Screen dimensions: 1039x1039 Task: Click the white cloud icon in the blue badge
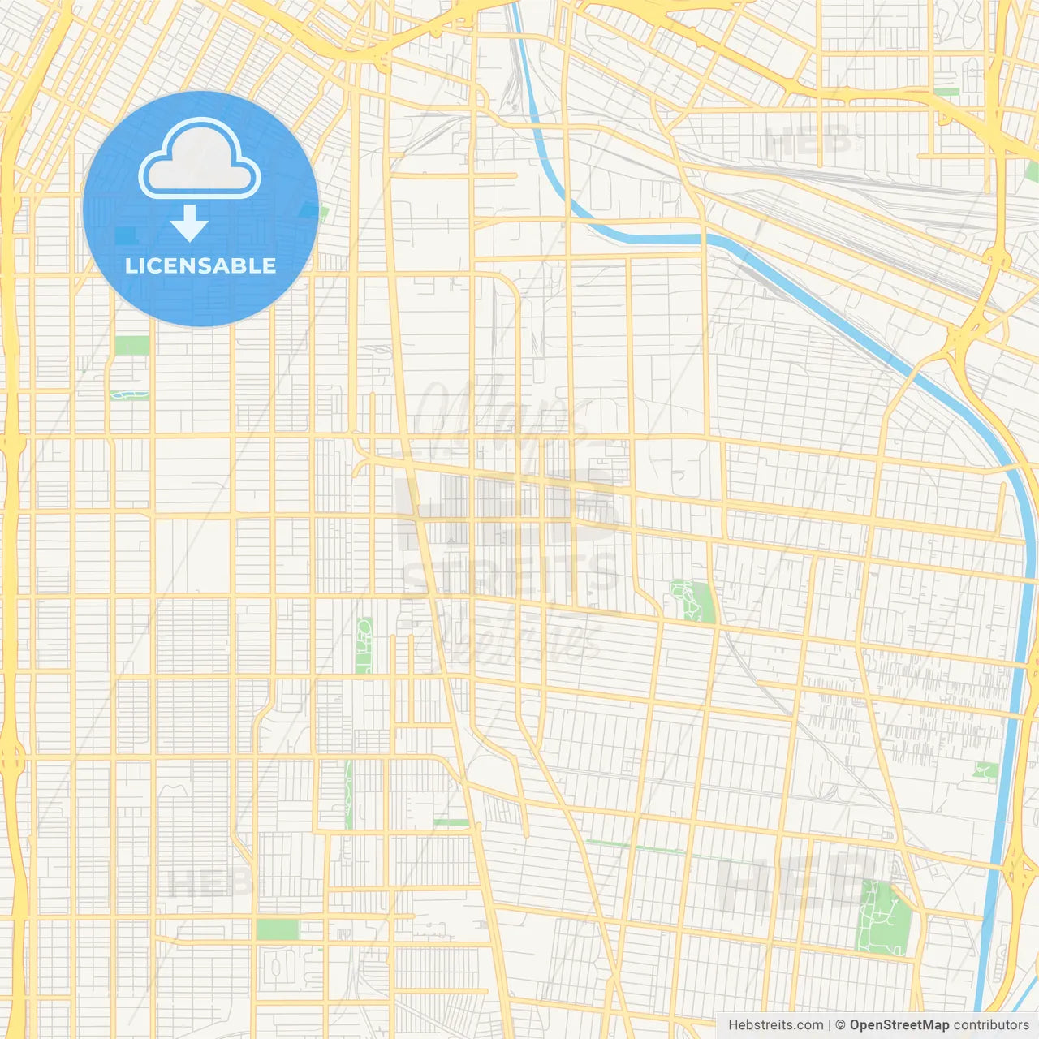click(200, 159)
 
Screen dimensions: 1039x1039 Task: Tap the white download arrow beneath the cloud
click(189, 223)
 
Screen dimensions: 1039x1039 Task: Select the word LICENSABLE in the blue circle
click(200, 265)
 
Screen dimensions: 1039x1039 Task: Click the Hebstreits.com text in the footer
click(775, 1025)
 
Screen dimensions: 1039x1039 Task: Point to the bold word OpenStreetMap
click(899, 1025)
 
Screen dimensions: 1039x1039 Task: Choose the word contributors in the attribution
click(990, 1025)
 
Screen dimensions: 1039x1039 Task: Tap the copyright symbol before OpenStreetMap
click(840, 1025)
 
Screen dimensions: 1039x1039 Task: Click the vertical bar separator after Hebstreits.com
click(830, 1025)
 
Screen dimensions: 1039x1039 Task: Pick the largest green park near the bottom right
click(884, 916)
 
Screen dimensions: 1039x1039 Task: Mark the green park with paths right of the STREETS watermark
click(692, 601)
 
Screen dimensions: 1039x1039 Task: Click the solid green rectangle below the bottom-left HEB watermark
click(277, 929)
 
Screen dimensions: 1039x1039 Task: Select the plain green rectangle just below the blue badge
click(131, 345)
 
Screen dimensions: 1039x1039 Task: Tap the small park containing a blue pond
click(130, 395)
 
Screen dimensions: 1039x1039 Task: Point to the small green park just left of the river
click(985, 770)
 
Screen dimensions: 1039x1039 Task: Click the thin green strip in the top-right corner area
click(946, 92)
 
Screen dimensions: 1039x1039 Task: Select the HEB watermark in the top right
click(808, 143)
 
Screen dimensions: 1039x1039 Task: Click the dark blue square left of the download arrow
click(125, 235)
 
